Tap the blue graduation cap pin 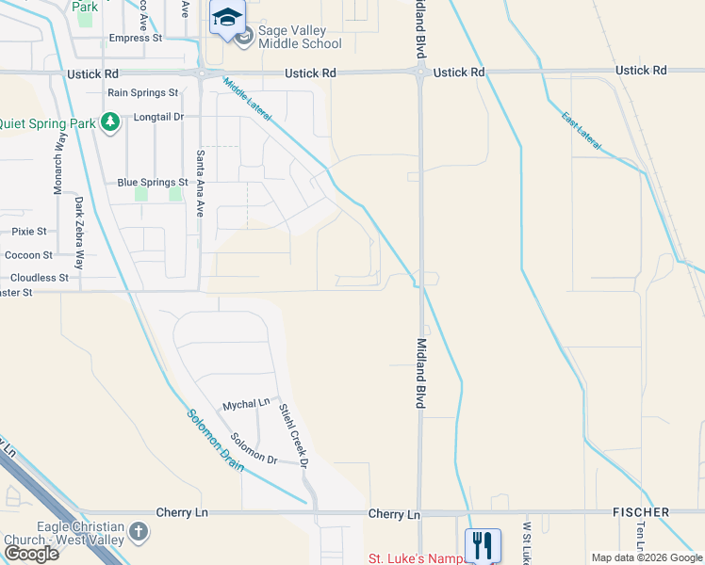pos(227,19)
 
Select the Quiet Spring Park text pos(47,122)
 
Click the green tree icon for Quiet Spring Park pos(110,121)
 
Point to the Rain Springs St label pos(142,92)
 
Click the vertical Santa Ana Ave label pos(200,184)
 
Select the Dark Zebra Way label pos(80,233)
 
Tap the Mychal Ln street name pos(246,405)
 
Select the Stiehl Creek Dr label pos(293,435)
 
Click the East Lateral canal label pos(582,130)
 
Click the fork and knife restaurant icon pos(483,543)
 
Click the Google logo pos(32,554)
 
